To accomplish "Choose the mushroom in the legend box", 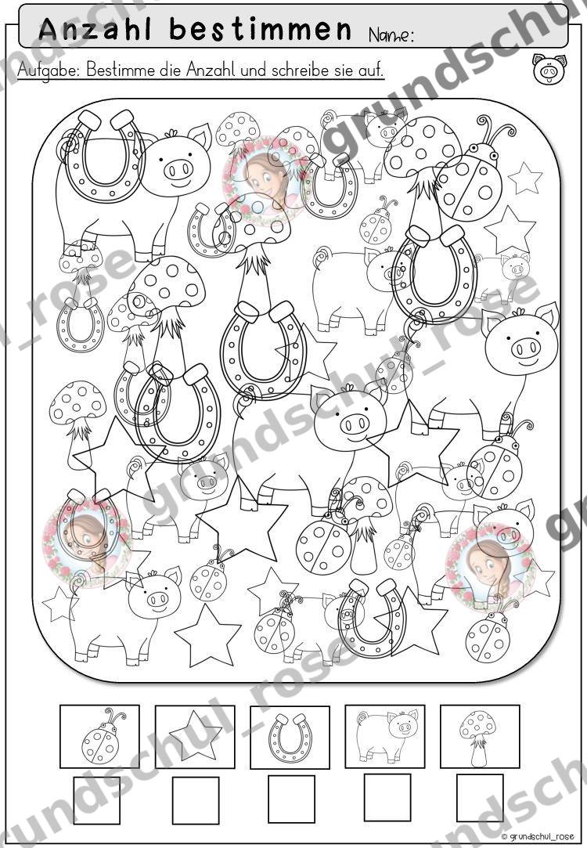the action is point(477,737).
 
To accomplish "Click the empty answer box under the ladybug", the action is point(97,800).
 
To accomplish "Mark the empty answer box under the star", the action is point(196,800).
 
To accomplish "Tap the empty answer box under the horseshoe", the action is point(291,799).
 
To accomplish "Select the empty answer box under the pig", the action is point(387,797).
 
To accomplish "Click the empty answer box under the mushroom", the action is point(480,797).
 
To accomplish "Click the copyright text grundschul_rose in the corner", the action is point(532,836).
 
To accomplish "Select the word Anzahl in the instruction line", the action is point(209,70).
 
